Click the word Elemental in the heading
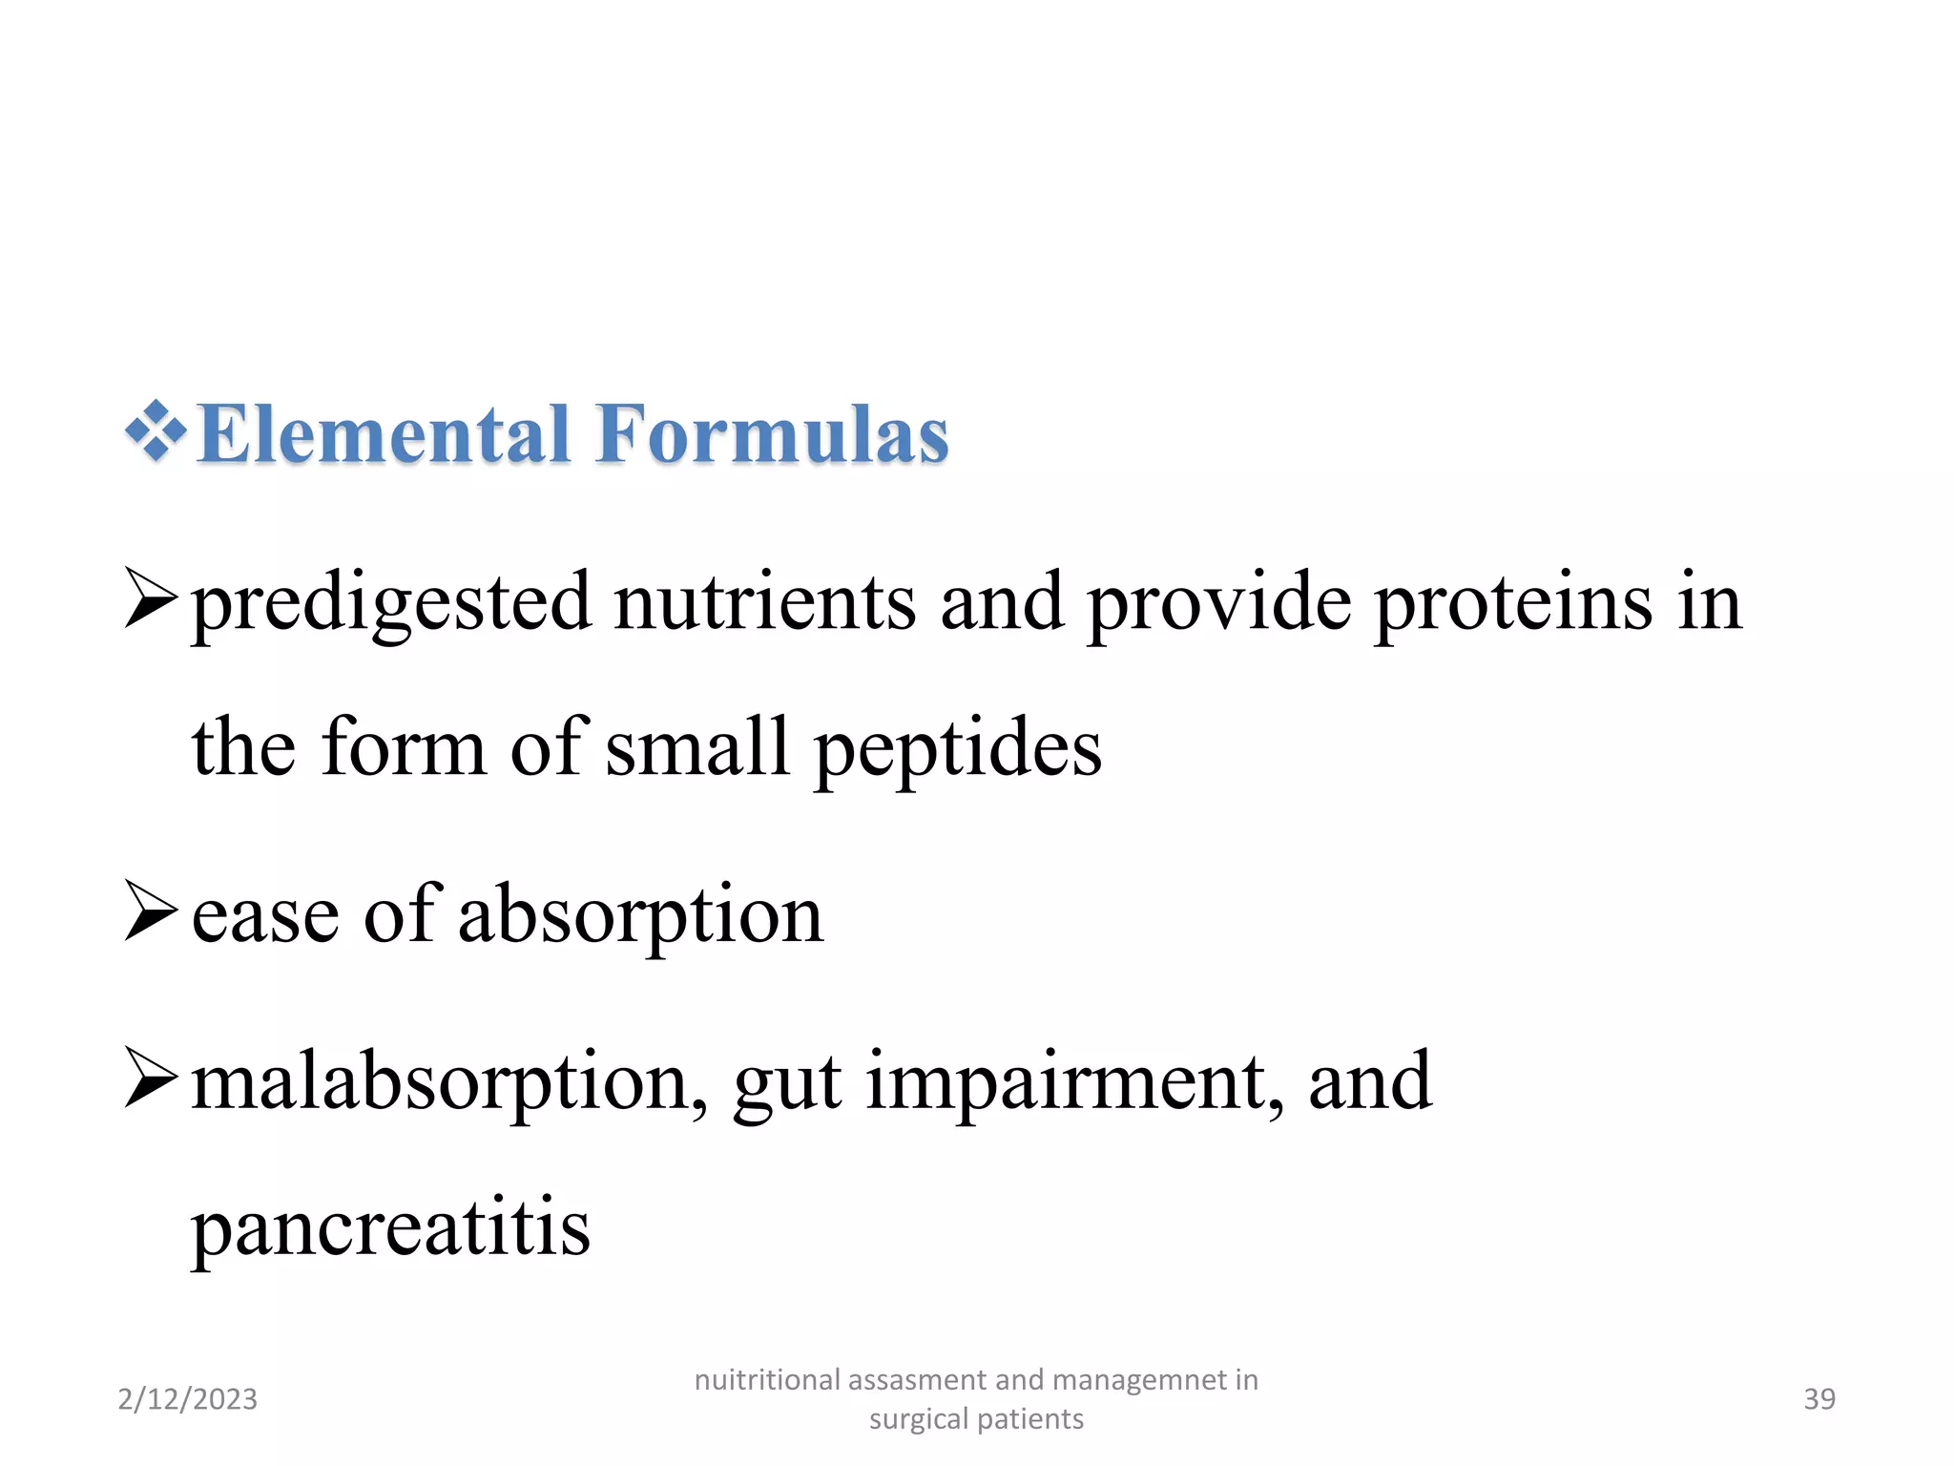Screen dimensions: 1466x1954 (x=384, y=434)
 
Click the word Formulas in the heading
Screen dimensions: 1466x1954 (x=772, y=434)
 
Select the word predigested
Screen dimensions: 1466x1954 (x=391, y=604)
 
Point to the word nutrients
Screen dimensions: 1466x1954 (x=764, y=602)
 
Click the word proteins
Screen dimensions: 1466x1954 (x=1513, y=602)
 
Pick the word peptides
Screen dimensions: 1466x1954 (x=957, y=749)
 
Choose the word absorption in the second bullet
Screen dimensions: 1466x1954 (x=640, y=916)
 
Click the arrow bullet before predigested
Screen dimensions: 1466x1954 (x=151, y=599)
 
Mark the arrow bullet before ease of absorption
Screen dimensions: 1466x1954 (x=151, y=911)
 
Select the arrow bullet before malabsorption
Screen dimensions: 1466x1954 (x=151, y=1079)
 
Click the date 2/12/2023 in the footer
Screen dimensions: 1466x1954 (x=187, y=1399)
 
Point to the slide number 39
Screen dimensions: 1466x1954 (x=1819, y=1399)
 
